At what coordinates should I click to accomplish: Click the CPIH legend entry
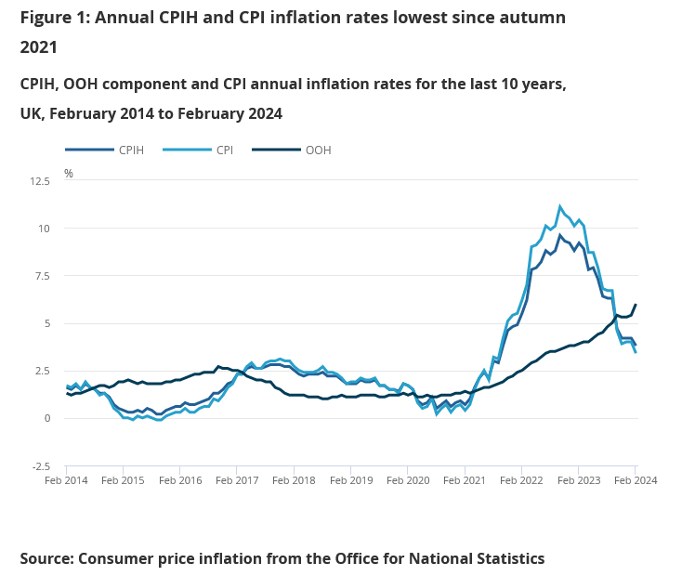[x=130, y=150]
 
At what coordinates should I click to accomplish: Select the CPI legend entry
[x=224, y=150]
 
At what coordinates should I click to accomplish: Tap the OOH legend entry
[x=318, y=150]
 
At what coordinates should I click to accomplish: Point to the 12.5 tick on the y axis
[x=40, y=181]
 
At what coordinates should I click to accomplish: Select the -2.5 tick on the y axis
[x=41, y=465]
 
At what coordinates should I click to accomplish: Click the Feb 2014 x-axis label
[x=68, y=480]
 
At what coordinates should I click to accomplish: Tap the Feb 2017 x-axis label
[x=238, y=480]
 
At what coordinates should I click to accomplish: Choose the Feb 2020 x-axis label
[x=408, y=480]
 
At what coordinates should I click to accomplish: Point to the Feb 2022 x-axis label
[x=521, y=480]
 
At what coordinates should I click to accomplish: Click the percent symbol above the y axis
[x=68, y=174]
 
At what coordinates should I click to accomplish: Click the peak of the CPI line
[x=560, y=206]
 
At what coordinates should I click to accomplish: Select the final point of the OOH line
[x=636, y=305]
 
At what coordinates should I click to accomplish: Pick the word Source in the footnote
[x=46, y=558]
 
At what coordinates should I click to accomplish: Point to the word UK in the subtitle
[x=33, y=113]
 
